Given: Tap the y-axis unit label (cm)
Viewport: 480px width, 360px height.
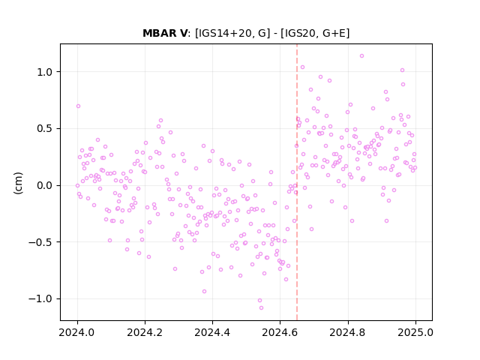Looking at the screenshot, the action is tap(18, 183).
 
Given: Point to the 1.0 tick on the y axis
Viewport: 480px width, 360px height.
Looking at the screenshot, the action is tap(45, 72).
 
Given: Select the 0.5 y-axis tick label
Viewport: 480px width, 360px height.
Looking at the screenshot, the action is tap(45, 129).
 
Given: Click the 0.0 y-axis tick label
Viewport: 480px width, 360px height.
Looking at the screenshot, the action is tap(45, 185).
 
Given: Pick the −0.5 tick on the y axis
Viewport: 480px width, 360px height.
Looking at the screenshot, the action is tap(40, 242).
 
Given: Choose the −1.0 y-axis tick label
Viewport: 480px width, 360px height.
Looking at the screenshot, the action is tap(40, 298).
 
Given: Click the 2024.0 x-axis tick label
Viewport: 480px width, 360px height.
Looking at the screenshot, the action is tap(77, 332).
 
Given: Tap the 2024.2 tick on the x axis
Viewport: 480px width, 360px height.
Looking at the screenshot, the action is tap(145, 332).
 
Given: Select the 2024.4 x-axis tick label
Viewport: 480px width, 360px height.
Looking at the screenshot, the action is tap(212, 332).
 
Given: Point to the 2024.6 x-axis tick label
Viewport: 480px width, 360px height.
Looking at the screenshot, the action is tap(280, 332).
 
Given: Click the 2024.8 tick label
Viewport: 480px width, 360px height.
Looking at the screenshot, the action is tap(348, 332).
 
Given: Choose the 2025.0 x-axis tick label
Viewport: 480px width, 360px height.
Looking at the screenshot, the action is tap(415, 332).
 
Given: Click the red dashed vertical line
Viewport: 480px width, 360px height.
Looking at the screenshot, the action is tap(297, 182).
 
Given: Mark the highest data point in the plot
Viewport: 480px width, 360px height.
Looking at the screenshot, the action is tap(361, 56).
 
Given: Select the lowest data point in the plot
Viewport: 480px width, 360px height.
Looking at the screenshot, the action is tap(261, 308).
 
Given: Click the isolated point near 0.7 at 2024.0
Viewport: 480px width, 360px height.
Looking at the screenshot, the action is tap(78, 106).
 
